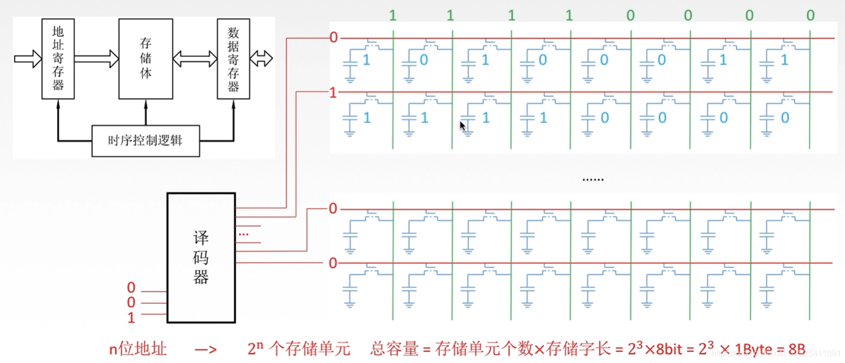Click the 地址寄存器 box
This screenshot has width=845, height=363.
58,59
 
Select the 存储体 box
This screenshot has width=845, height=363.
145,59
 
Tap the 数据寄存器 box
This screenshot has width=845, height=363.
233,59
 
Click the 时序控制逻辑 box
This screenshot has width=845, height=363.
145,141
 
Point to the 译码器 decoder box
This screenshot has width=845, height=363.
201,257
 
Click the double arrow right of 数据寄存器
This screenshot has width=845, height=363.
261,58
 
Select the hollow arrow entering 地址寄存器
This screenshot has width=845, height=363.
28,58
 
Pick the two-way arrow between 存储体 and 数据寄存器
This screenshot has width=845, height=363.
195,58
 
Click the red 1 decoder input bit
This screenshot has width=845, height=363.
131,317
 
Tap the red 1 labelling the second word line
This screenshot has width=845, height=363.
333,93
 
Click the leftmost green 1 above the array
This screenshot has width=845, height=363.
393,16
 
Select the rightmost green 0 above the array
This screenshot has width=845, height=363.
810,16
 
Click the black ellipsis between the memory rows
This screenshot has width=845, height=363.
593,180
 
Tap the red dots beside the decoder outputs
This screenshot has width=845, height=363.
244,234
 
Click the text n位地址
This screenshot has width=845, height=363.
138,349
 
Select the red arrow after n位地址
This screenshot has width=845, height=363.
206,350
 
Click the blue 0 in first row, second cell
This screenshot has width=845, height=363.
424,60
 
